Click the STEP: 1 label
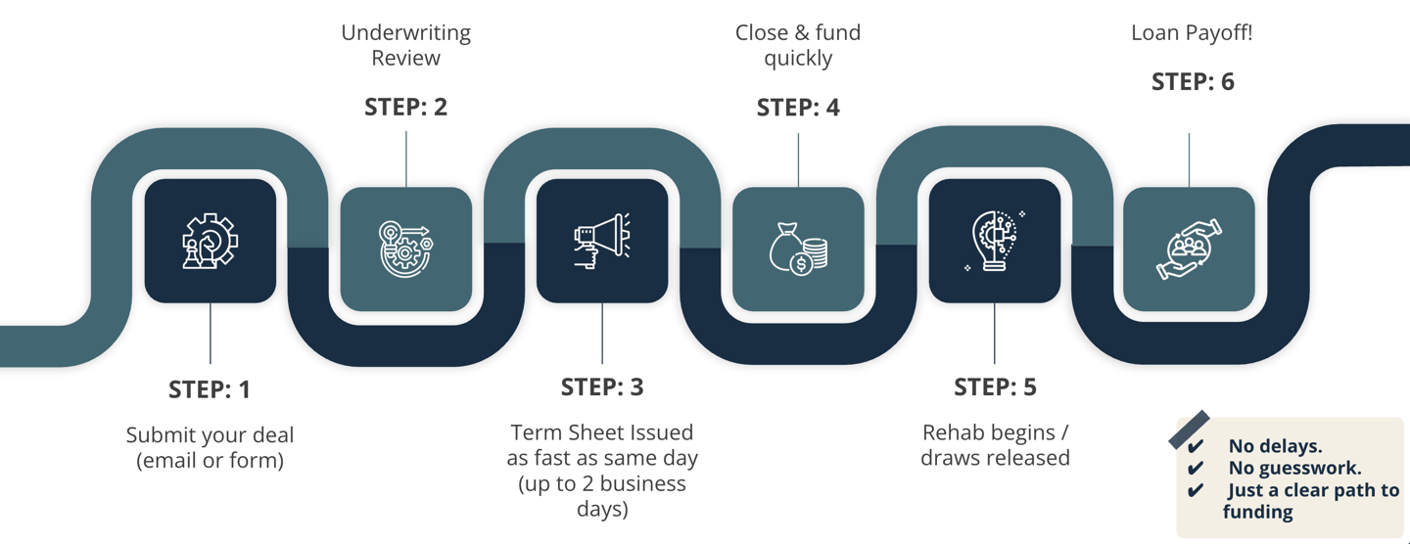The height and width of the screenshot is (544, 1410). point(210,389)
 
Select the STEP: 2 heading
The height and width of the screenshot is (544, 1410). point(405,107)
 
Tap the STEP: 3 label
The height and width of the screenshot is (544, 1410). point(602,387)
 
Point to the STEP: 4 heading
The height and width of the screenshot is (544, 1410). point(798,107)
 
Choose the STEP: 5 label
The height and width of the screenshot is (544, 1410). point(995,387)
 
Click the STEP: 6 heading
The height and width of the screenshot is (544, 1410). point(1192,82)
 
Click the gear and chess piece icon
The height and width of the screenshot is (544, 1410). point(210,241)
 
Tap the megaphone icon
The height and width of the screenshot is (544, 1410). point(602,241)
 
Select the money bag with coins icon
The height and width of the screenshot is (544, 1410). point(798,249)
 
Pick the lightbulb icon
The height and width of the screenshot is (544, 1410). point(995,241)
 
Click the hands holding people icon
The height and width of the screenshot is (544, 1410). point(1189,249)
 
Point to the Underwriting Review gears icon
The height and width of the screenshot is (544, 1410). point(405,249)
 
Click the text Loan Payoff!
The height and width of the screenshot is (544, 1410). point(1192,32)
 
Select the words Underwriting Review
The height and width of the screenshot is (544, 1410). point(405,45)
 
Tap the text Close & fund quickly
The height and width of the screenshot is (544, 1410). point(798,45)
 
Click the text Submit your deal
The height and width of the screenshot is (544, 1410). point(210,435)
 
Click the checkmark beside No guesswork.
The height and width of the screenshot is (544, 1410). point(1195,469)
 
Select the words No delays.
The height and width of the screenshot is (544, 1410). point(1275,446)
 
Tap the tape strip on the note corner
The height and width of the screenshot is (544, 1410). point(1189,430)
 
